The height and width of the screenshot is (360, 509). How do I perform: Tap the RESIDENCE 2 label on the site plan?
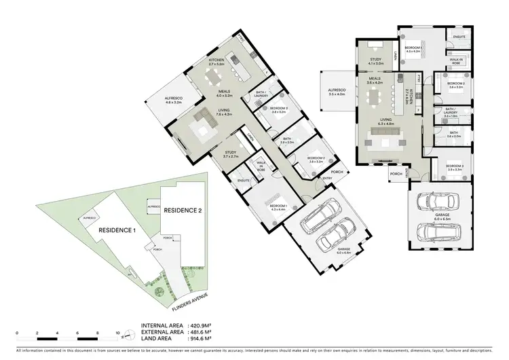click(183, 210)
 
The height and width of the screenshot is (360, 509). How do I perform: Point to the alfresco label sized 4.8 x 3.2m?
click(173, 102)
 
